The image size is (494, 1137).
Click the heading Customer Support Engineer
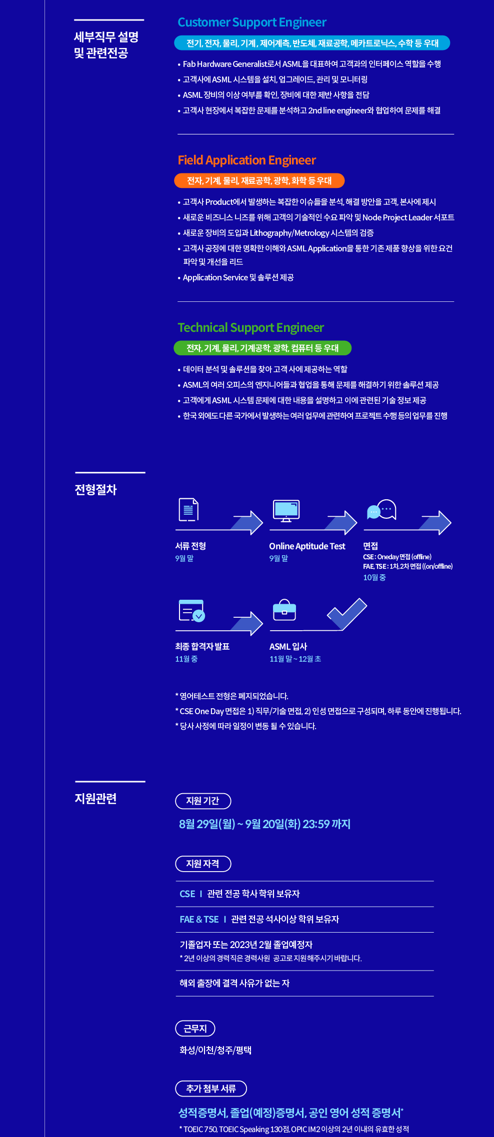(x=252, y=22)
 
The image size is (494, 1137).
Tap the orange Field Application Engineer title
(x=247, y=160)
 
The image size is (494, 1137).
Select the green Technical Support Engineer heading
(x=251, y=328)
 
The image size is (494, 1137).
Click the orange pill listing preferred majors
(x=259, y=181)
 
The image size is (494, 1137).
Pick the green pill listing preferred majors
(x=262, y=348)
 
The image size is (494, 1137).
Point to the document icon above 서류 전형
(x=188, y=510)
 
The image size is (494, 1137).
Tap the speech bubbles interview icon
(x=381, y=510)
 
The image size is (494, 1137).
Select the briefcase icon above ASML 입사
(x=284, y=610)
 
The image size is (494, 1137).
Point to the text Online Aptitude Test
(x=307, y=546)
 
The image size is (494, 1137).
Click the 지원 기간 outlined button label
(x=203, y=801)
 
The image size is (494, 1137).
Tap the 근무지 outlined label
(x=195, y=1029)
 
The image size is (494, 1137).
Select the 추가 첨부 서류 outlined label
(x=211, y=1089)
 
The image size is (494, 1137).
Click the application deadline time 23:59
(x=315, y=824)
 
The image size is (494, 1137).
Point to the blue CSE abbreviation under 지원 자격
(x=187, y=894)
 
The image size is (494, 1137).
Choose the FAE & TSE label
(x=199, y=919)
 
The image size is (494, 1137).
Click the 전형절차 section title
(x=95, y=490)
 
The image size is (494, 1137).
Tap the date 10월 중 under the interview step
(x=374, y=577)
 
